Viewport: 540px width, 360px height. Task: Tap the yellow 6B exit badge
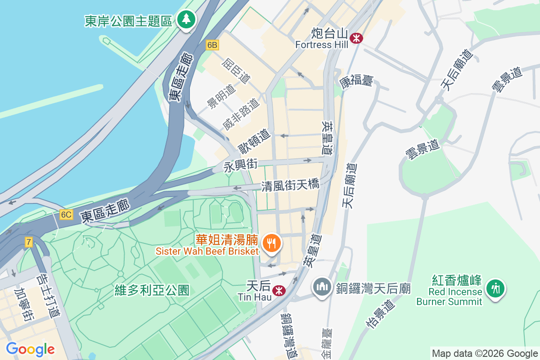coord(212,45)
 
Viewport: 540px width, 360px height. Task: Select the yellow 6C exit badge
coord(66,215)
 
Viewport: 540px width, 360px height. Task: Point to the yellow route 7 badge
coord(29,243)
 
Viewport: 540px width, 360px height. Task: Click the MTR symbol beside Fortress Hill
coord(357,38)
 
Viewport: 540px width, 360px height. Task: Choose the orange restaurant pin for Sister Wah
coord(271,243)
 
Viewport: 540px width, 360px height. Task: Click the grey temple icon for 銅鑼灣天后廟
coord(322,287)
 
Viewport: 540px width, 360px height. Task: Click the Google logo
coord(30,349)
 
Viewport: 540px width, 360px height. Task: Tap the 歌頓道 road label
coord(254,141)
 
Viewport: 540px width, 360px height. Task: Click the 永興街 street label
coord(241,166)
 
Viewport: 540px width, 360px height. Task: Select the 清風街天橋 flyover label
coord(290,185)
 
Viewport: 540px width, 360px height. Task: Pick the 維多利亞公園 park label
coord(152,290)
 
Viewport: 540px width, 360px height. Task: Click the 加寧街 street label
coord(23,306)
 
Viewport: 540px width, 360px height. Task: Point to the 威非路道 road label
coord(241,114)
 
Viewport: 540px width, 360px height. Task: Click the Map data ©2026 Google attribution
coord(485,353)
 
